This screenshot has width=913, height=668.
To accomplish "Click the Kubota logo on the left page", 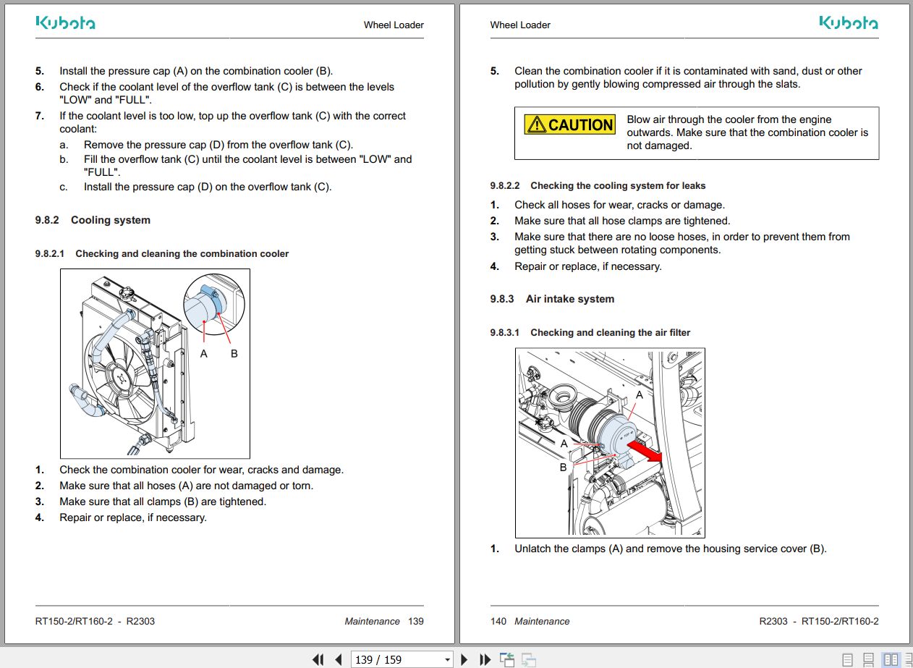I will tap(65, 23).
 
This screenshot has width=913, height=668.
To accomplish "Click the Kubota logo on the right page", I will tap(849, 23).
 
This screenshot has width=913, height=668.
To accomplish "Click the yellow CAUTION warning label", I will tap(569, 124).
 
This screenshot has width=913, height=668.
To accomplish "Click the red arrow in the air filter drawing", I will tap(644, 452).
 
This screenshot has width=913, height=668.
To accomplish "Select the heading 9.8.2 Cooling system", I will tap(93, 220).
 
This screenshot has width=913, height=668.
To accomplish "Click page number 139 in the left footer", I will tap(416, 621).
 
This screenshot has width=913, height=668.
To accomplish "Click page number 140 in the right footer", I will tap(498, 621).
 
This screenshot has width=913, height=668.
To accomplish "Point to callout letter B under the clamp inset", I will tap(234, 354).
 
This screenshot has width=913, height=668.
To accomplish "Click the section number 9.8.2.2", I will tap(504, 186).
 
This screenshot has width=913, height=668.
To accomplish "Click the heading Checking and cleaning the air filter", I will tap(610, 333).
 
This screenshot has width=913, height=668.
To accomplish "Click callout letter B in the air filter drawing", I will tap(564, 468).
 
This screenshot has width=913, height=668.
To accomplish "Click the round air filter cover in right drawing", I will tap(619, 439).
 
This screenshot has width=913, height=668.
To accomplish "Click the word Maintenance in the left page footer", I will tap(372, 621).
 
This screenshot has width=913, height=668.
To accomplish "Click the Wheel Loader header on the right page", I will tap(520, 25).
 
